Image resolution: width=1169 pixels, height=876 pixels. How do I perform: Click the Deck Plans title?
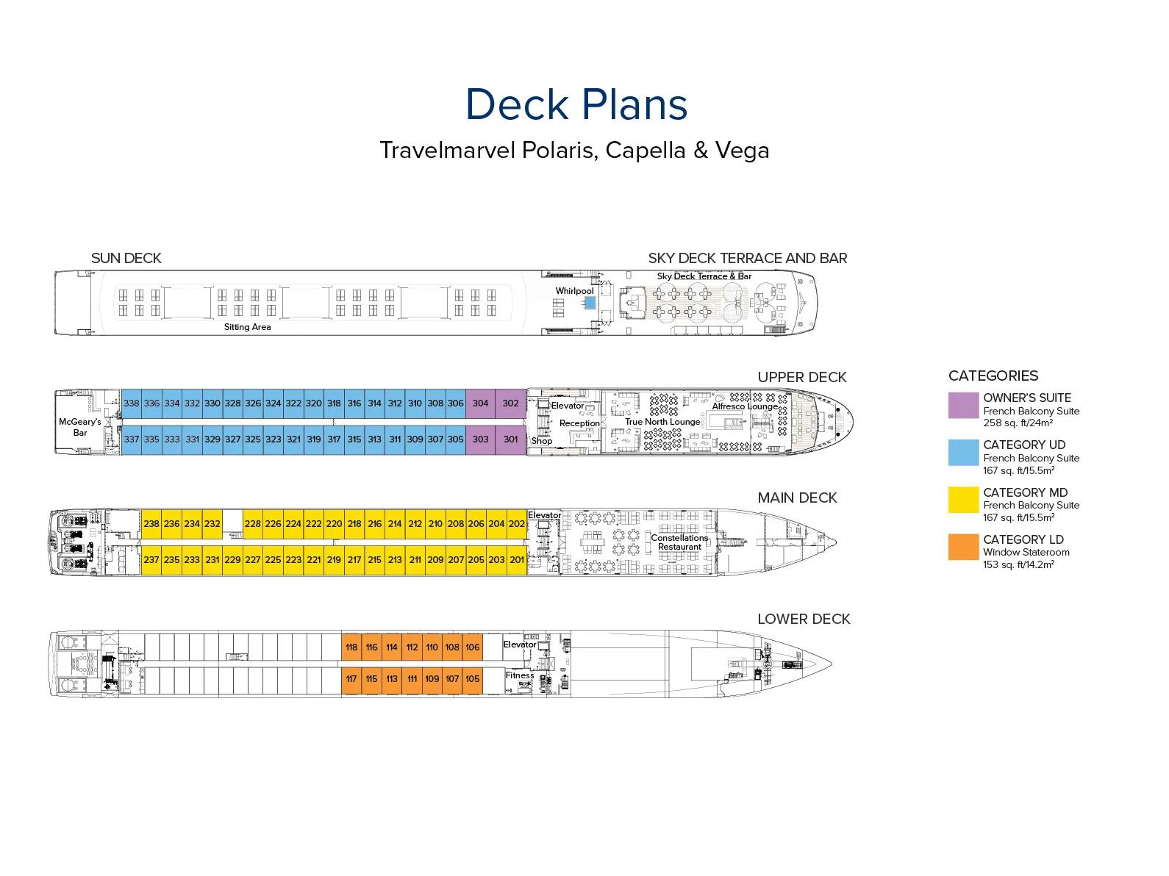(x=576, y=104)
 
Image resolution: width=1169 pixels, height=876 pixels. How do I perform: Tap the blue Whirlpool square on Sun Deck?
(x=590, y=302)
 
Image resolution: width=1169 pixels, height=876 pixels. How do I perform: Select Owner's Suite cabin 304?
(x=480, y=403)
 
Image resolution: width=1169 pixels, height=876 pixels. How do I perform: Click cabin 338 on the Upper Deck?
(x=132, y=403)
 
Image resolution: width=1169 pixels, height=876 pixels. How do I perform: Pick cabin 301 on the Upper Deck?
(x=511, y=439)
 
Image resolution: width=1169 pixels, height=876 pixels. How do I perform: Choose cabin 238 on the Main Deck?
(x=151, y=524)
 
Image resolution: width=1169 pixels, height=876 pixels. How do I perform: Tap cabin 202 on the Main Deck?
(x=517, y=524)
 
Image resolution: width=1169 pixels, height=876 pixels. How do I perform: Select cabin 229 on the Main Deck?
(x=232, y=560)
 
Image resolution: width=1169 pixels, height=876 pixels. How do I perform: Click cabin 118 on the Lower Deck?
(x=351, y=647)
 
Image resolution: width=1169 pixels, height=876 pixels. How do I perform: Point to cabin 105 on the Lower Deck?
(x=472, y=679)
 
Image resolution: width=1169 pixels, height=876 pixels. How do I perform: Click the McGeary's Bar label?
(x=80, y=427)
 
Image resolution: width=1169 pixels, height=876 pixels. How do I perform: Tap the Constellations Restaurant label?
(x=679, y=542)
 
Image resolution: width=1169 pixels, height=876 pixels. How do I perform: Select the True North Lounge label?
(x=662, y=422)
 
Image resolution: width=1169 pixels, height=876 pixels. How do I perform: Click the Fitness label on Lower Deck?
(x=520, y=675)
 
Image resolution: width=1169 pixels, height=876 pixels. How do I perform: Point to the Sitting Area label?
(x=247, y=327)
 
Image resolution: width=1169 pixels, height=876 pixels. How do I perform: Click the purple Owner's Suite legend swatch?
(x=963, y=406)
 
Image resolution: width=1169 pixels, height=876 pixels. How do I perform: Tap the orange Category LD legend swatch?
(x=963, y=547)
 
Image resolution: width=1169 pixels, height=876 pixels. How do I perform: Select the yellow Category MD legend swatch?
(x=963, y=500)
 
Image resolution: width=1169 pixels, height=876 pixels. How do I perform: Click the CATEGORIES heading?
(x=993, y=376)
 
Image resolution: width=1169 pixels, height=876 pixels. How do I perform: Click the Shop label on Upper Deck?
(x=542, y=441)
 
